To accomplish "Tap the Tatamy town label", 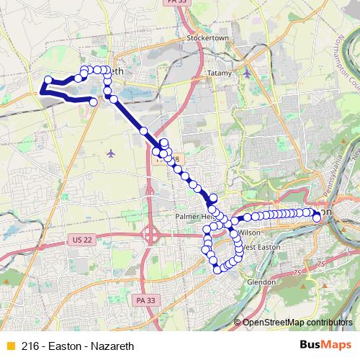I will (219, 73).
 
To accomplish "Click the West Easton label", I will (257, 247).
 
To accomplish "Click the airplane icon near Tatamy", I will (247, 73).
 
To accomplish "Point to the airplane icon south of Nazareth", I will (110, 153).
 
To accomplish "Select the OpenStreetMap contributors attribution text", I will (297, 323).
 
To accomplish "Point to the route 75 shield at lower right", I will (297, 272).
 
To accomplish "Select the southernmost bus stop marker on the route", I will (217, 270).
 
